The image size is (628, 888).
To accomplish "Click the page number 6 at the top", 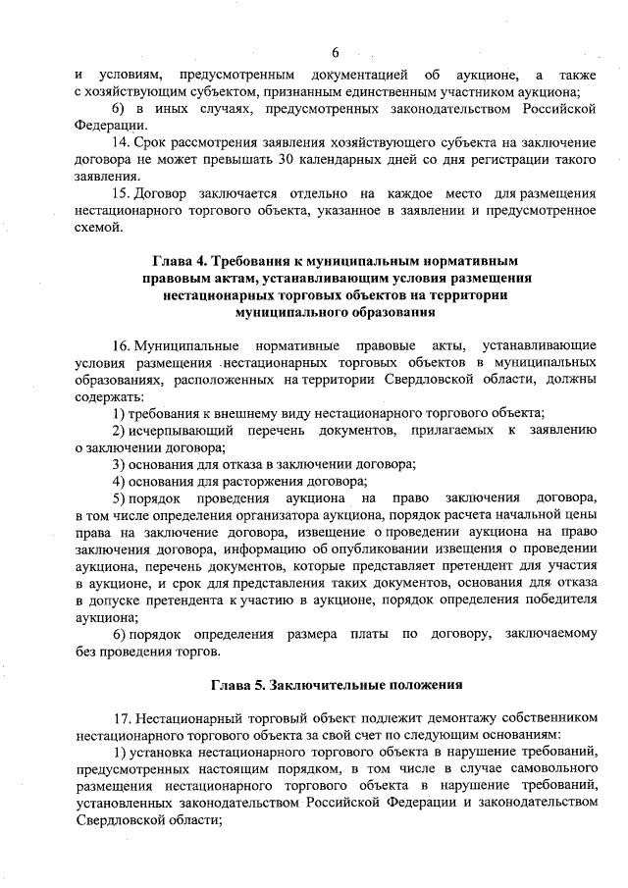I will [335, 51].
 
